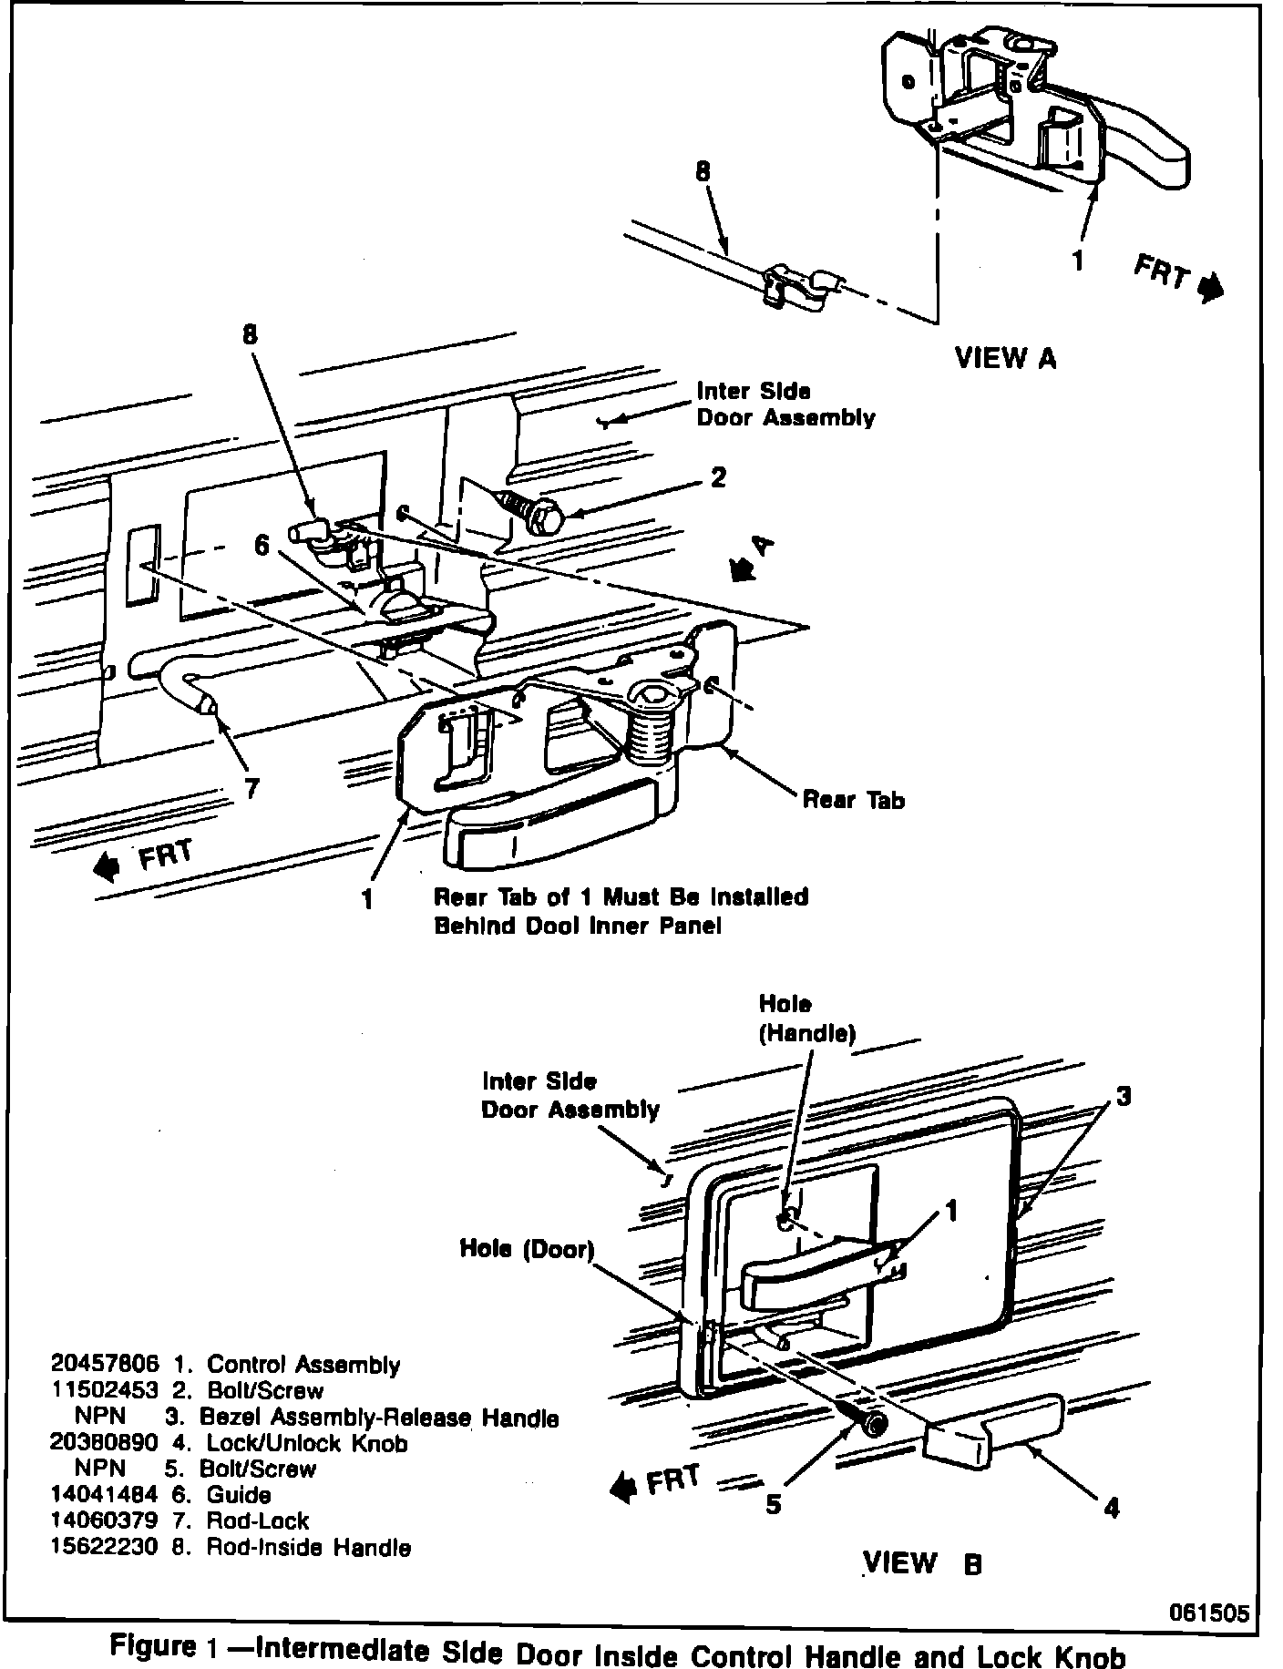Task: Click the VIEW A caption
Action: [1005, 358]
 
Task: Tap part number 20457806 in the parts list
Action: [106, 1364]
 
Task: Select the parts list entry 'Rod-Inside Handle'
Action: [309, 1547]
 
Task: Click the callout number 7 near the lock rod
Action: [251, 789]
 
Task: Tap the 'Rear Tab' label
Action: [854, 800]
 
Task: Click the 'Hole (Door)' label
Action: [527, 1249]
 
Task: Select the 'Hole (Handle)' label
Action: [807, 1019]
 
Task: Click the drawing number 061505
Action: [1209, 1613]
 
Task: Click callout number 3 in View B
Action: [1123, 1095]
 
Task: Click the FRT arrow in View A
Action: [1209, 288]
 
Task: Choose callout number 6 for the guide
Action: [262, 545]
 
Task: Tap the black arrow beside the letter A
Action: [744, 569]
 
